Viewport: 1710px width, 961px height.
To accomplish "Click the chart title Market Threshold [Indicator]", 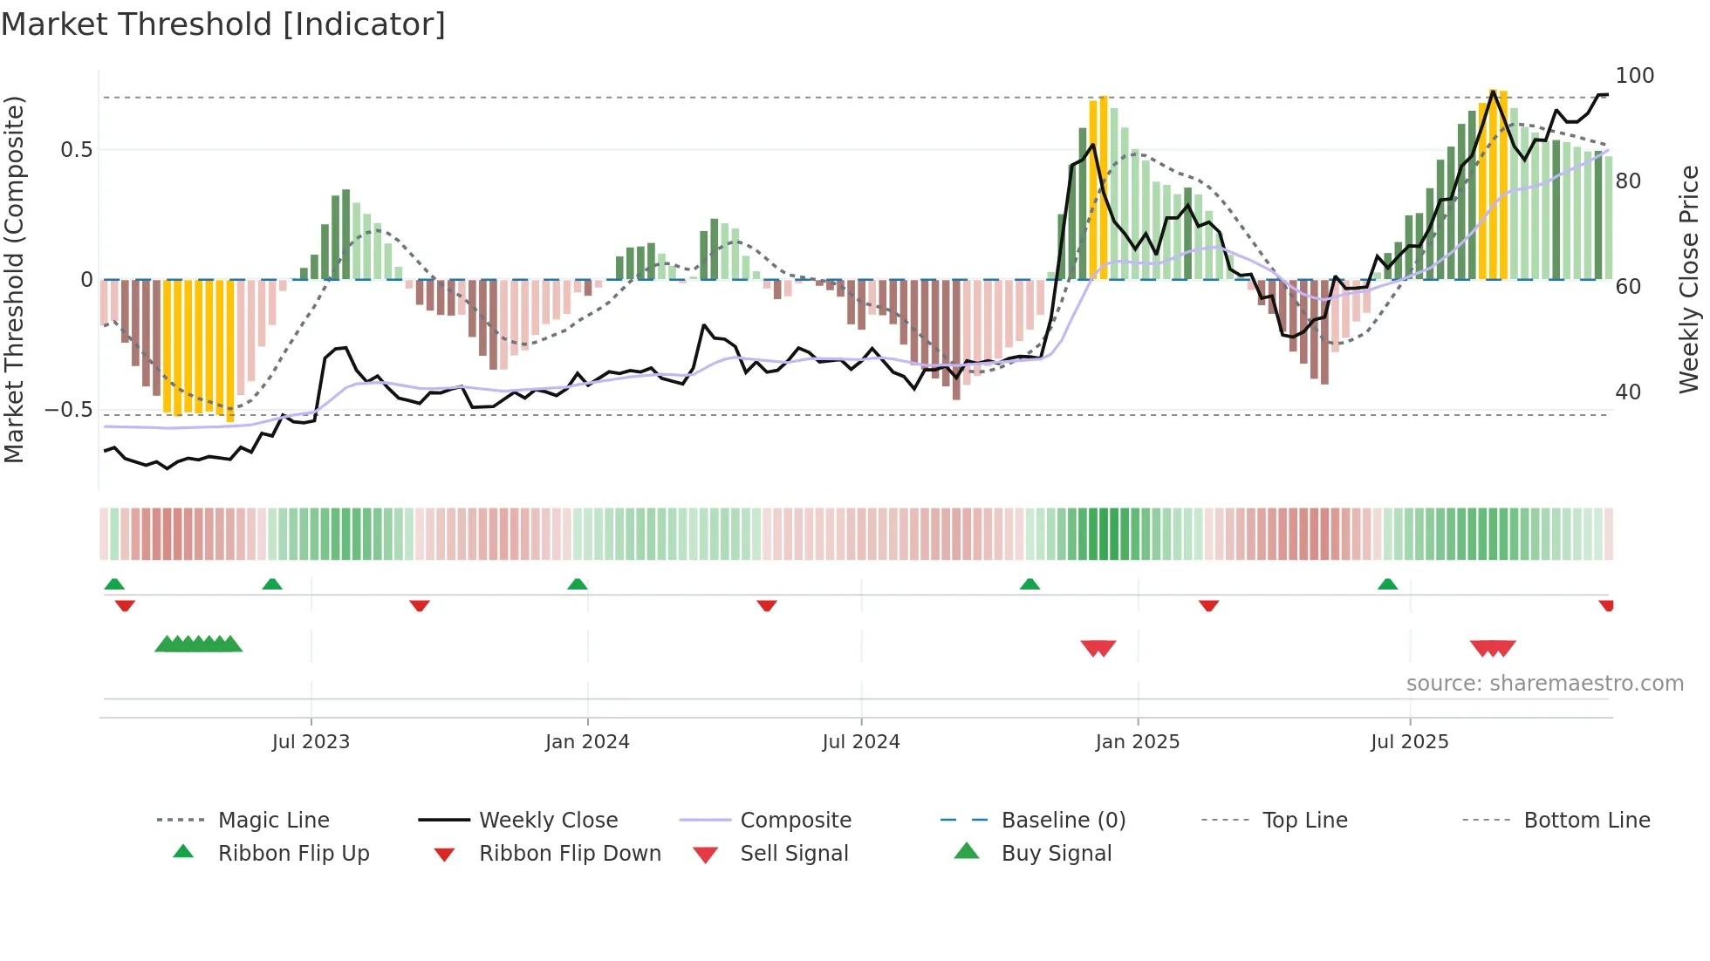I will (x=223, y=24).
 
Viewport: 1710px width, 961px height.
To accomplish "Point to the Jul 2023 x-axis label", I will (x=311, y=742).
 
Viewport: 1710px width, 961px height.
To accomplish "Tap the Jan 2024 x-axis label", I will (x=587, y=742).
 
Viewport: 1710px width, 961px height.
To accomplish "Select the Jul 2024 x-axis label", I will (x=861, y=742).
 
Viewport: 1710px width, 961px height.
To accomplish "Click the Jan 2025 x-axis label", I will (x=1138, y=742).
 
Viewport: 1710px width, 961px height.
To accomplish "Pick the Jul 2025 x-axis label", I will (x=1410, y=742).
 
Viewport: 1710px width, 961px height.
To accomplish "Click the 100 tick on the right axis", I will (x=1634, y=76).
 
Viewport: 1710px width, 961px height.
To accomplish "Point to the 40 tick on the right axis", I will (x=1628, y=392).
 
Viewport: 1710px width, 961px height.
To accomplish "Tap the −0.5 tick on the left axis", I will (x=69, y=410).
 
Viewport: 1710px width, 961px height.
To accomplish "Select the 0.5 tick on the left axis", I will (x=77, y=150).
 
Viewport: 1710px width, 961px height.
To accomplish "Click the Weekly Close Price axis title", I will (x=1689, y=279).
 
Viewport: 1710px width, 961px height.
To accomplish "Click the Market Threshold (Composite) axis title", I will (x=14, y=279).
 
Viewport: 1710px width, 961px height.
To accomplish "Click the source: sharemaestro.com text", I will (x=1545, y=684).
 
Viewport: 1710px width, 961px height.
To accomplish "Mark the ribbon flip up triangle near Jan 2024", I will (x=578, y=584).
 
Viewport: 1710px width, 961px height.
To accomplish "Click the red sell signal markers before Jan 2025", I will (x=1098, y=648).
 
